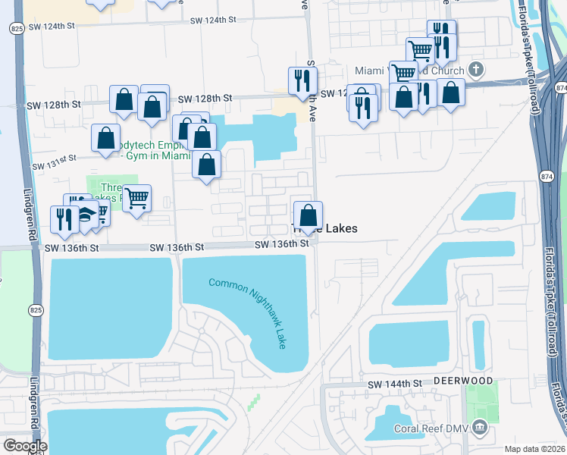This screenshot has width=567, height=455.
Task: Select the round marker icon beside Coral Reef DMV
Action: click(478, 428)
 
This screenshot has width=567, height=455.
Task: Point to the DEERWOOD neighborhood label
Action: click(463, 380)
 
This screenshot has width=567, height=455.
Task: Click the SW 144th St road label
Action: click(394, 384)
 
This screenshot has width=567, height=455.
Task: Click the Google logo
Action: click(24, 445)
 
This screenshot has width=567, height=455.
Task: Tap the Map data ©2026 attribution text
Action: click(534, 449)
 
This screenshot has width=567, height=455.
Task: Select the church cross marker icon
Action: click(476, 71)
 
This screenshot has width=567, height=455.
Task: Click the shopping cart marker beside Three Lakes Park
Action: click(136, 199)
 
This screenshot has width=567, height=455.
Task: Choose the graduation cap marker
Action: click(86, 214)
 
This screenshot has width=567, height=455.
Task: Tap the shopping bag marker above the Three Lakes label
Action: click(309, 215)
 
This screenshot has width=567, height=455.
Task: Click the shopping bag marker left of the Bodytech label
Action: click(105, 138)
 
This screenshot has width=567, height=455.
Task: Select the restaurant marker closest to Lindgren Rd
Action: click(61, 218)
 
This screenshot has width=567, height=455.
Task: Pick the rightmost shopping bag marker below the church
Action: click(450, 93)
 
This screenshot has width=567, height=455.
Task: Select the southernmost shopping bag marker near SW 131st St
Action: click(206, 165)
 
